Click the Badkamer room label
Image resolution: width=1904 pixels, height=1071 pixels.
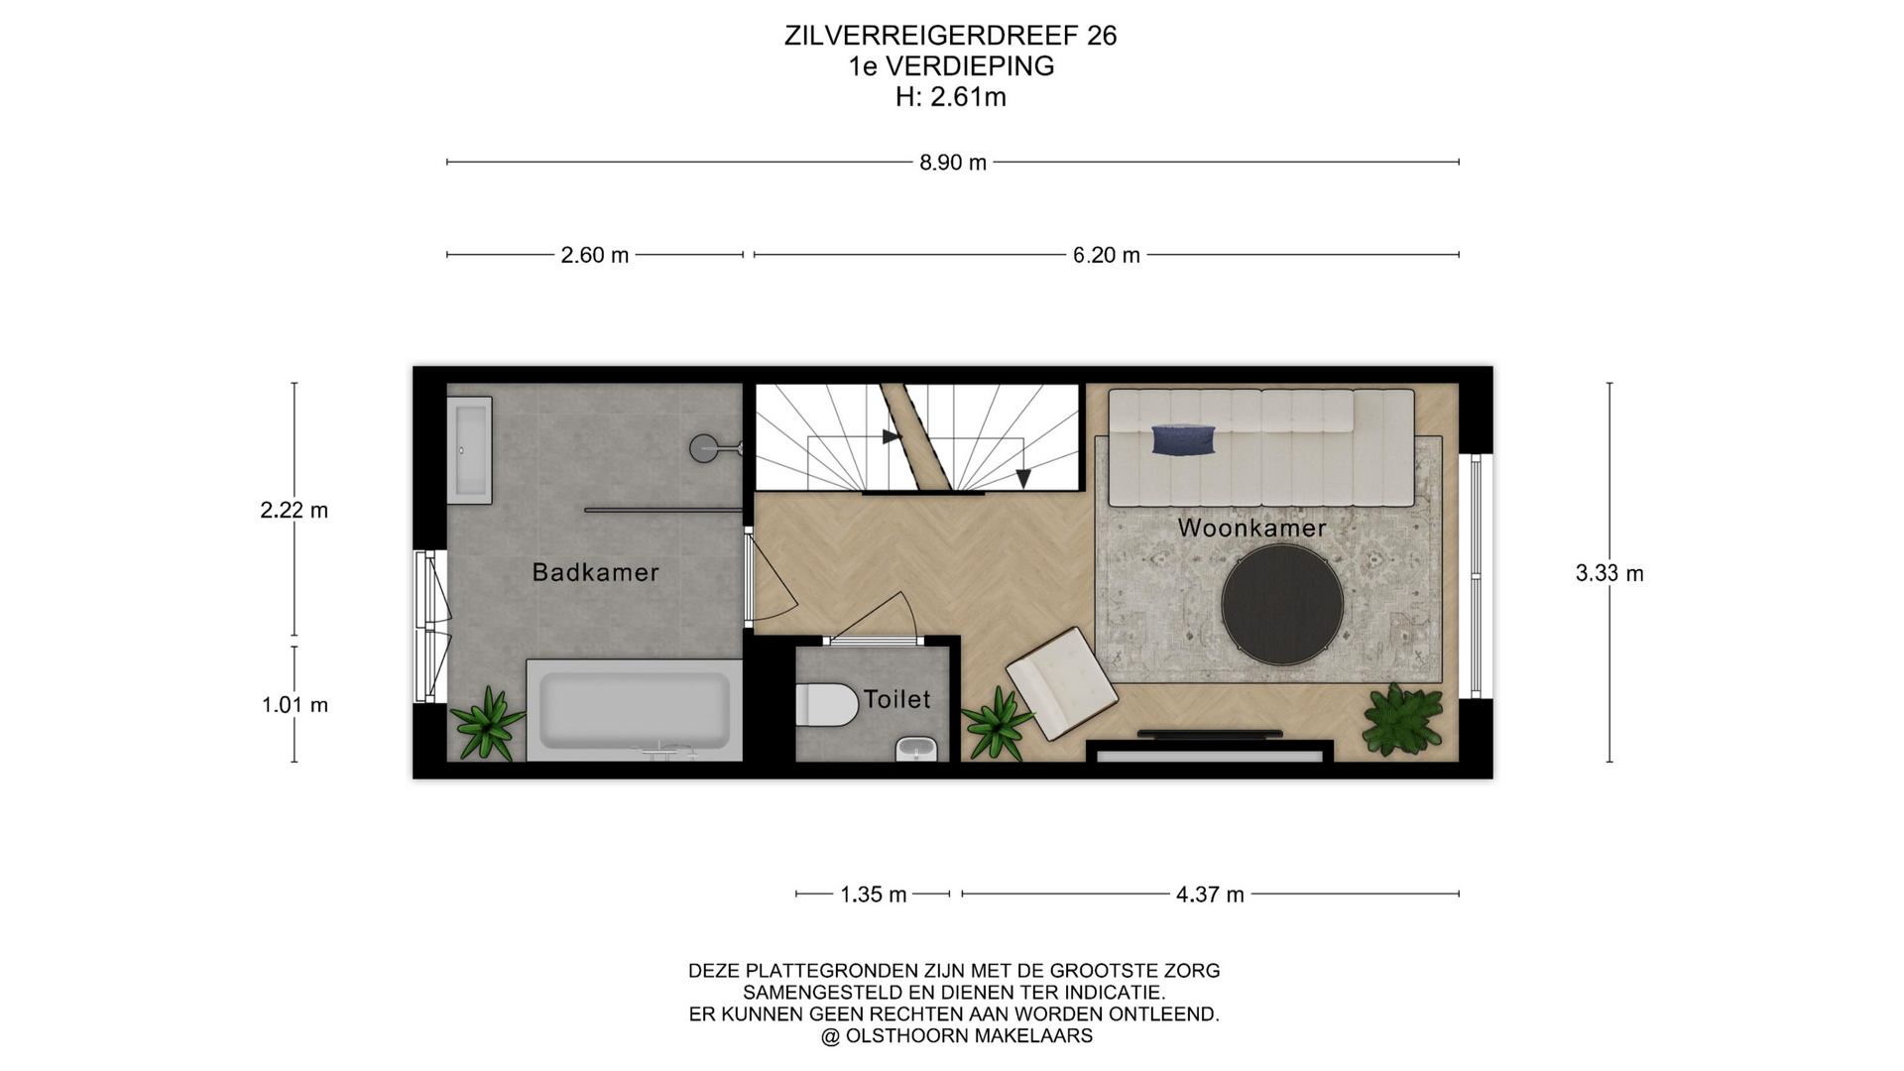(595, 572)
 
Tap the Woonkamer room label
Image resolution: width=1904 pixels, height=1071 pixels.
(1251, 528)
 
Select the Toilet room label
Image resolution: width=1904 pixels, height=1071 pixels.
(896, 699)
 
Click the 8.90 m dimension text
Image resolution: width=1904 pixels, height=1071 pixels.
(953, 163)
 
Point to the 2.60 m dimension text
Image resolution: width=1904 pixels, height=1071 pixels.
(595, 255)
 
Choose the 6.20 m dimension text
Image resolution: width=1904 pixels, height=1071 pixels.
(1107, 255)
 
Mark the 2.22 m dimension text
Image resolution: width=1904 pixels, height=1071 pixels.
(295, 510)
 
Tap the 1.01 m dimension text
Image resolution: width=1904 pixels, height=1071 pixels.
(295, 705)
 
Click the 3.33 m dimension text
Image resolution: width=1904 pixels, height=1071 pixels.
(1609, 573)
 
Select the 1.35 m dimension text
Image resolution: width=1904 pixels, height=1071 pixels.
(874, 894)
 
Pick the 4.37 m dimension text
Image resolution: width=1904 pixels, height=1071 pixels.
(1210, 894)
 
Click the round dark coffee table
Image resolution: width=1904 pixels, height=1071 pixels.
(1282, 604)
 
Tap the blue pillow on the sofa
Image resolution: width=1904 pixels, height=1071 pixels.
(1184, 439)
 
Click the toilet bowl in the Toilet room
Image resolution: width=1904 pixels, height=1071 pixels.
(826, 704)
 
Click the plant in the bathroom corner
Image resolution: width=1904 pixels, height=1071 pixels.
(487, 723)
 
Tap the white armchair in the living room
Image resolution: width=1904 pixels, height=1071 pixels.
(1062, 682)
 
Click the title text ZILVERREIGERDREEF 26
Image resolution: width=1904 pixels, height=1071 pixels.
(951, 36)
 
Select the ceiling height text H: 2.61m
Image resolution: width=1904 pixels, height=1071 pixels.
(951, 97)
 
